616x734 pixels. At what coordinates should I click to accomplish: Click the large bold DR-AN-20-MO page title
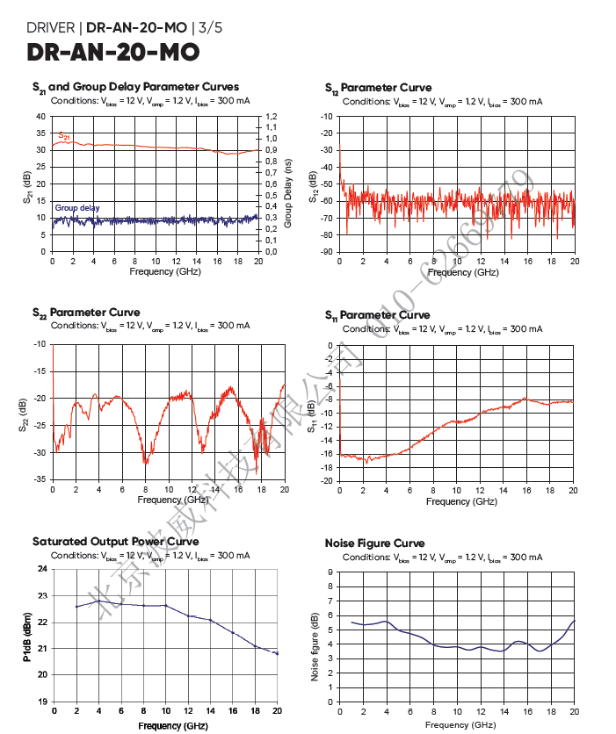coord(113,54)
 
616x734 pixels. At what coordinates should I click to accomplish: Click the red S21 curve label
coord(64,135)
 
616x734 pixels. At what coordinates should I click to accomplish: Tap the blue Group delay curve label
coord(77,208)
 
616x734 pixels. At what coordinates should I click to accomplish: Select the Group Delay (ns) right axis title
coord(287,183)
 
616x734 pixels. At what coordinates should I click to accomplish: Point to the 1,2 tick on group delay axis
coord(272,117)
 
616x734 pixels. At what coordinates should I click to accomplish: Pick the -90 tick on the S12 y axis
coord(327,252)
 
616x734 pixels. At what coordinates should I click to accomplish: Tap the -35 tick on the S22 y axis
coord(40,479)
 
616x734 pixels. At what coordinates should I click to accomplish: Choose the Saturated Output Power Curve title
coord(115,542)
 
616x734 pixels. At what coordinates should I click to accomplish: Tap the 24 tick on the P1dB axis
coord(42,569)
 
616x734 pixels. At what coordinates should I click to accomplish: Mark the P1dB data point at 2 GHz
coord(76,607)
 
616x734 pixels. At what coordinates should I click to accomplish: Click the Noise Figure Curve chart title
coord(374,543)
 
